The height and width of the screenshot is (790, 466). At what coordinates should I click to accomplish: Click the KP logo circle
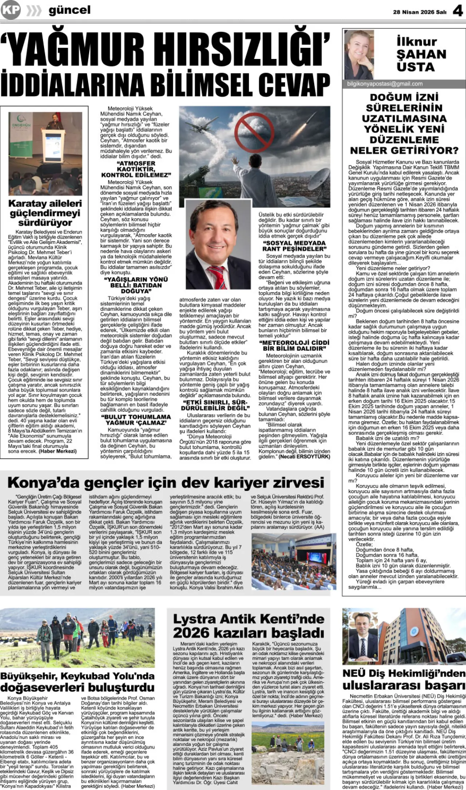(10, 10)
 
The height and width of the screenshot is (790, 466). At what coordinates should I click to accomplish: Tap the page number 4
(458, 11)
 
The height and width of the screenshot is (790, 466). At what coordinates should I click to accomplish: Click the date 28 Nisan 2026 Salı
(419, 12)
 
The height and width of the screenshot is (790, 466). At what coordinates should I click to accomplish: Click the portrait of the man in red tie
(218, 245)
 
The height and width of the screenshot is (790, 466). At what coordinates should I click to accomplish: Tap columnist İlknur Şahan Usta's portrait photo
(359, 55)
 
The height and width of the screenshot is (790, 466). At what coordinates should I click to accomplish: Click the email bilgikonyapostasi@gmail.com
(385, 84)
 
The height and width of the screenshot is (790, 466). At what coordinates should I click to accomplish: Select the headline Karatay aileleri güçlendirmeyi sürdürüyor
(45, 213)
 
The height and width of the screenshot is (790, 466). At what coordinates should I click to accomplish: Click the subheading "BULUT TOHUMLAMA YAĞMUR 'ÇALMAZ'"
(135, 419)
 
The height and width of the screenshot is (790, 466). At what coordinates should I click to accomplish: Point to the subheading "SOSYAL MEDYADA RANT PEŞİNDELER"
(294, 246)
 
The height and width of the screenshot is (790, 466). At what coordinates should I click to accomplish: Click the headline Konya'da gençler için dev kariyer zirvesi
(166, 482)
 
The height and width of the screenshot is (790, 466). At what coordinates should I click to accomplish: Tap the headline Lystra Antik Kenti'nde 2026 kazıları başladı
(248, 625)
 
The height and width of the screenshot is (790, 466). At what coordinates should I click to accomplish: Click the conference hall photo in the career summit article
(293, 562)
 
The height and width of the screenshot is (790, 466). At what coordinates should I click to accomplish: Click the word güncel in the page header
(70, 10)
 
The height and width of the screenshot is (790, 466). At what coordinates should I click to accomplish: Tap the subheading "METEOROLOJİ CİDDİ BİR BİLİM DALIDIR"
(294, 345)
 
